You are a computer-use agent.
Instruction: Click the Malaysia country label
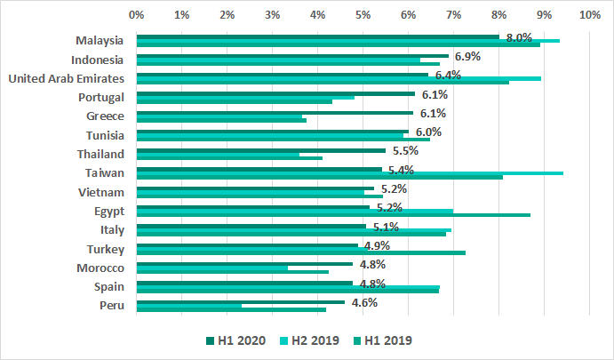click(100, 41)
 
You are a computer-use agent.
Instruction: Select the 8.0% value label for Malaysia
click(518, 37)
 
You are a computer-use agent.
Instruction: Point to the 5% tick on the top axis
click(363, 15)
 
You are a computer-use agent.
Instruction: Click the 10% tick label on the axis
click(588, 15)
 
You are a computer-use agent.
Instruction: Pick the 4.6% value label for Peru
click(364, 302)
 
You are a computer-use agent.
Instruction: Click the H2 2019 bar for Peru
click(189, 305)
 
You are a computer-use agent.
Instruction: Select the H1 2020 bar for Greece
click(275, 112)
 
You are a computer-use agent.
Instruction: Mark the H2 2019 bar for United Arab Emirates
click(339, 78)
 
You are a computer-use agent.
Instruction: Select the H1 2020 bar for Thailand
click(260, 150)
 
